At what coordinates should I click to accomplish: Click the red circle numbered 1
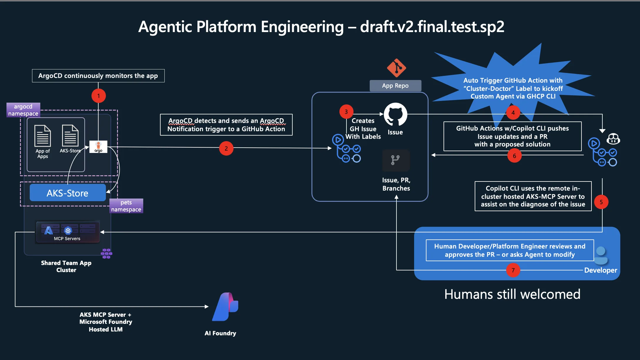click(99, 96)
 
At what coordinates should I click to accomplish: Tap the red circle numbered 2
click(226, 149)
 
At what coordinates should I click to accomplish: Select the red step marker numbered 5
click(601, 202)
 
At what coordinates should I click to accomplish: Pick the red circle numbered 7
click(513, 270)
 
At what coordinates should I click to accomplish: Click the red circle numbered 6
click(514, 156)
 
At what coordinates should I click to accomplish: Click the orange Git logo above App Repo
click(396, 68)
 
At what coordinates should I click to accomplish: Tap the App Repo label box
click(395, 86)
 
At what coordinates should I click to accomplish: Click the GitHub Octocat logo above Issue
click(396, 114)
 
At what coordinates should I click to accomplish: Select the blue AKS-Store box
click(68, 193)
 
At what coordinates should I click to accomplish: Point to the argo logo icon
click(99, 147)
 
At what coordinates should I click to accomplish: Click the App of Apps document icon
click(43, 136)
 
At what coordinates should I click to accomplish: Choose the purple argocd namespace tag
click(23, 110)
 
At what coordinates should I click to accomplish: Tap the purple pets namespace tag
click(126, 206)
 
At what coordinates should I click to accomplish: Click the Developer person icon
click(601, 255)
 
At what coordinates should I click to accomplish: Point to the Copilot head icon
click(613, 139)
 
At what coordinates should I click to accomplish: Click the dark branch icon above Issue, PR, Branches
click(396, 160)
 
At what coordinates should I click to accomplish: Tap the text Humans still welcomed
click(512, 294)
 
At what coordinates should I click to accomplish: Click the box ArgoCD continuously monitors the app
click(98, 76)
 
